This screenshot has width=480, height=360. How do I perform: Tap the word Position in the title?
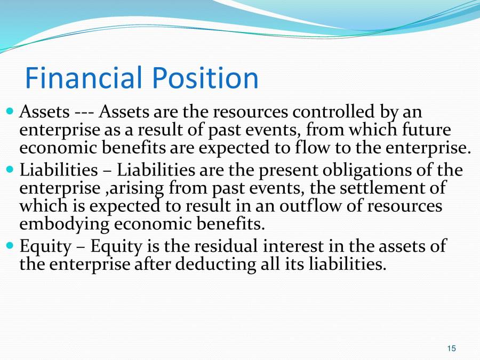205,78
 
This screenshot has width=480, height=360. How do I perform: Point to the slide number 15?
451,348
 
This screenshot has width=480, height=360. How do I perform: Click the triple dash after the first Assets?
84,113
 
